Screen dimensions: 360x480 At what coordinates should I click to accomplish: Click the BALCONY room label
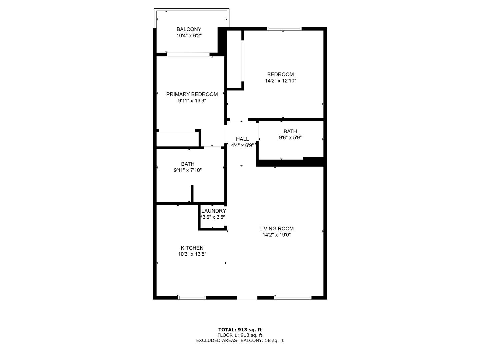click(x=189, y=29)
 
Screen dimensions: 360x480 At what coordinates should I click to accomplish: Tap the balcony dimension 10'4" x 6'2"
click(x=189, y=35)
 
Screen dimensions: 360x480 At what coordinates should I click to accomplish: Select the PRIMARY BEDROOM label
click(x=192, y=94)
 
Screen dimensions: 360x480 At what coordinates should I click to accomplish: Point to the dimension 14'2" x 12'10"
click(x=280, y=81)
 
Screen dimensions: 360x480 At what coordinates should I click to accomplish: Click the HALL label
click(x=242, y=139)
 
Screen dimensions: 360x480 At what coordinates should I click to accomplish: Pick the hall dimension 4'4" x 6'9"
click(x=242, y=145)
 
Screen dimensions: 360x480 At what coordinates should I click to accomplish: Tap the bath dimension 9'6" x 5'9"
click(x=290, y=138)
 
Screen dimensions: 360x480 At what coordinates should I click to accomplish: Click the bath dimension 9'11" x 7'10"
click(x=188, y=170)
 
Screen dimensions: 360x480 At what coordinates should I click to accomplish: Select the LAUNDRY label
click(x=213, y=211)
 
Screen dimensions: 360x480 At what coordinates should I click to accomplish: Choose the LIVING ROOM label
click(x=276, y=229)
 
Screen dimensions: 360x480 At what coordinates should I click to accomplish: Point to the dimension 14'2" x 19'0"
click(x=276, y=235)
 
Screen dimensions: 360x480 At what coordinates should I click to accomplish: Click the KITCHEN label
click(x=192, y=248)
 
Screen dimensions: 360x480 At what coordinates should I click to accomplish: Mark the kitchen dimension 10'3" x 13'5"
click(x=192, y=254)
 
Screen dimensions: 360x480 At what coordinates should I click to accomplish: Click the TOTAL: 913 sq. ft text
click(x=240, y=330)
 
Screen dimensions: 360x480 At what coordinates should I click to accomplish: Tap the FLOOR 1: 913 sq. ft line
click(x=240, y=335)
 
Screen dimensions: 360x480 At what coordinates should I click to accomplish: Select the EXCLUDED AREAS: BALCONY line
click(x=240, y=340)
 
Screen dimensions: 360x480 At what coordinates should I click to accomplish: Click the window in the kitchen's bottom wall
click(x=192, y=298)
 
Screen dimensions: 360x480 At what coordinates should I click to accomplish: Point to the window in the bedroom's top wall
click(x=284, y=29)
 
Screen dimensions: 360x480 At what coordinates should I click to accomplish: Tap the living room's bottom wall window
click(x=293, y=298)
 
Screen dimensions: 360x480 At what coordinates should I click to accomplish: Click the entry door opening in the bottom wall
click(x=247, y=298)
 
